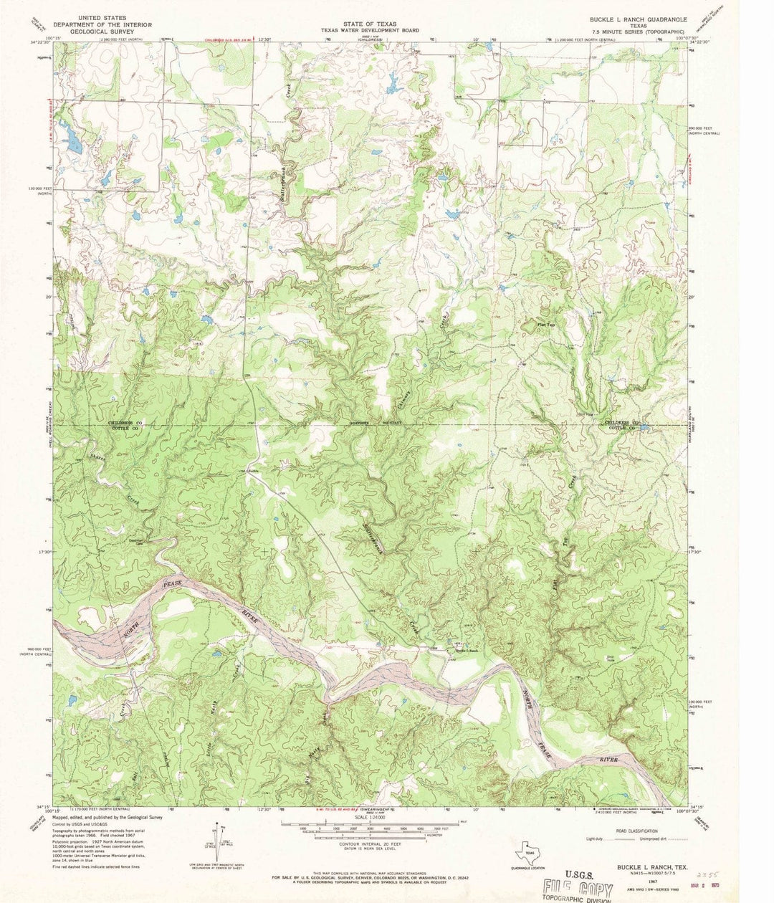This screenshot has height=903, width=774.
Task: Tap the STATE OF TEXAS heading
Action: coord(371,24)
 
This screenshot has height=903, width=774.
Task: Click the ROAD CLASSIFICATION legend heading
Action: coord(630,831)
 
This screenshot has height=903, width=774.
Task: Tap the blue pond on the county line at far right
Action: coord(644,428)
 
